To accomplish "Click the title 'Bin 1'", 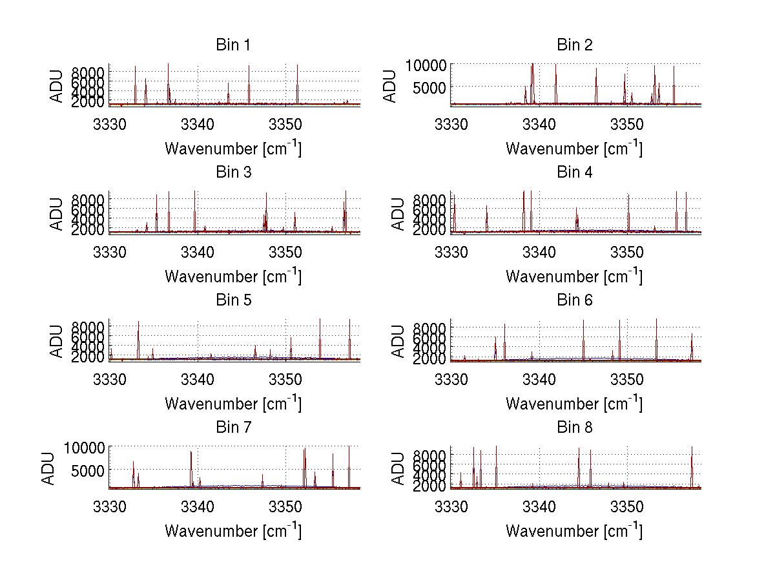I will point(232,45).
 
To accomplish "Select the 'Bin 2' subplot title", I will point(574,45).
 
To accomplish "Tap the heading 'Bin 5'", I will point(232,300).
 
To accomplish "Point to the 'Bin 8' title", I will point(574,428).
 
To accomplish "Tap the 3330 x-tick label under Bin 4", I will point(450,251).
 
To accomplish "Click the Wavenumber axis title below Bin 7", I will point(232,530).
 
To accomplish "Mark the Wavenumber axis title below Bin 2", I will point(574,148).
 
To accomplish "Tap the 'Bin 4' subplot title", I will point(574,172).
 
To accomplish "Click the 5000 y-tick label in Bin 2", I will point(432,87).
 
